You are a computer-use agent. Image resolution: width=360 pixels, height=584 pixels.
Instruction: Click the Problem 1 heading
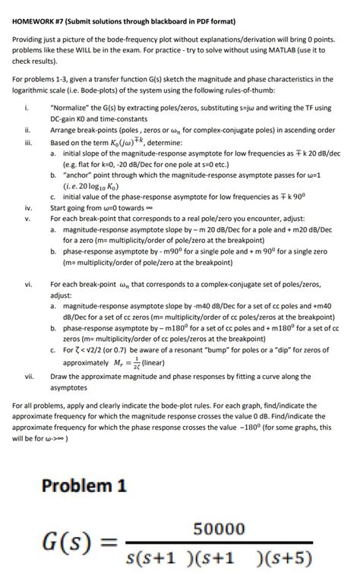coord(84,486)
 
